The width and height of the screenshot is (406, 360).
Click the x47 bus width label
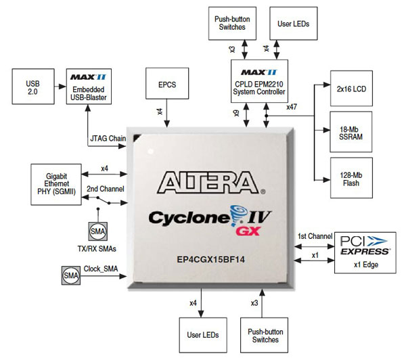tap(292, 106)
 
